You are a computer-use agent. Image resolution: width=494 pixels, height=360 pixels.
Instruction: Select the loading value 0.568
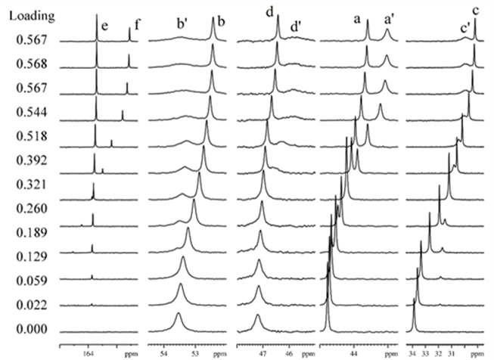28,64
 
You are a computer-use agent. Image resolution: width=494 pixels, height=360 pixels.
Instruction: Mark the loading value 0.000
28,329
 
